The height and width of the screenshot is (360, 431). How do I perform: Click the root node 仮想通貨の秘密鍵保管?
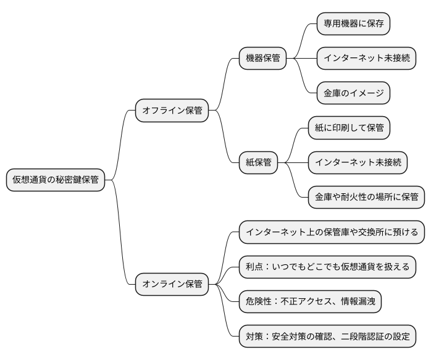click(56, 180)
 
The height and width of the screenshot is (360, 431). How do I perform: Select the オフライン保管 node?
click(172, 111)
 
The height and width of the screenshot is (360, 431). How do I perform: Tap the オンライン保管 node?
click(172, 284)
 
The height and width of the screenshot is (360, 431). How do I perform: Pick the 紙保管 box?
click(258, 162)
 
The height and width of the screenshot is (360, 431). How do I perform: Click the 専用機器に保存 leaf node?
click(353, 24)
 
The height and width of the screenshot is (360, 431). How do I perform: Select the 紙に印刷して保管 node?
click(349, 128)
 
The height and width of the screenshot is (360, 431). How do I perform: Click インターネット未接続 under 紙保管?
click(358, 162)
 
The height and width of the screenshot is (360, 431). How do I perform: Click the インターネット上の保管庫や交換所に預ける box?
click(332, 232)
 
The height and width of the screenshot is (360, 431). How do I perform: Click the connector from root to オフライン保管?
click(120, 145)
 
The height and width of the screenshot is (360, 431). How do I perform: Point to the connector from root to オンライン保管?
click(120, 232)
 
